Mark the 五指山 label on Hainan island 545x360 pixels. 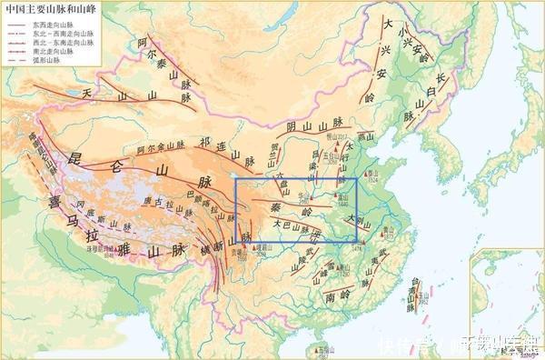coord(324,350)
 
